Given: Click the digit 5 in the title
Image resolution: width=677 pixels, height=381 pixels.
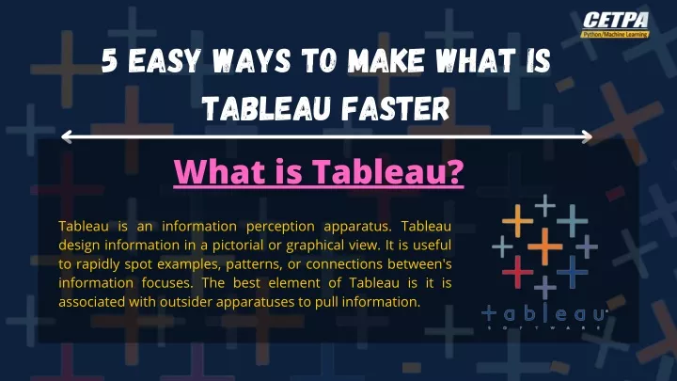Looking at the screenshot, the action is [x=110, y=60].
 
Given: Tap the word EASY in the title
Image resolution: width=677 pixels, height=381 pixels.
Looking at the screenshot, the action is [x=165, y=60].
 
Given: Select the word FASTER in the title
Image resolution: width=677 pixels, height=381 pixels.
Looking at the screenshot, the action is [x=396, y=108].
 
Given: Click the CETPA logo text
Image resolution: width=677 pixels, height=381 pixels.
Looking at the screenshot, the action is [x=616, y=21].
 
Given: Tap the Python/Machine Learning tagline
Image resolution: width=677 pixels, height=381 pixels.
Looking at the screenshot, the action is [x=615, y=34].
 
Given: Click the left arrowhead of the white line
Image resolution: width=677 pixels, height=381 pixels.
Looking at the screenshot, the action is [x=67, y=137].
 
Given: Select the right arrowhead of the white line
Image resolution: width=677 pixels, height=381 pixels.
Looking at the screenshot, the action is [x=587, y=137].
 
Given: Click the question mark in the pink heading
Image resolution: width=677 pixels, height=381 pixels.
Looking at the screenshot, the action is [x=455, y=172].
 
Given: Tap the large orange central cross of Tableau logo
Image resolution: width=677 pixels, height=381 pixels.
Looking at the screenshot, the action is [x=544, y=246].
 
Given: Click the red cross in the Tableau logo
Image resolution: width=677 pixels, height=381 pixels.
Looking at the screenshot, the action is [x=518, y=272].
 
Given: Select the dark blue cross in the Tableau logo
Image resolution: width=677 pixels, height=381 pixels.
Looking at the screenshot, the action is [x=573, y=272].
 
